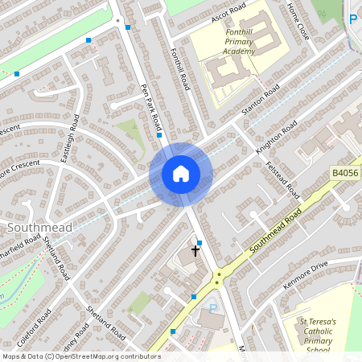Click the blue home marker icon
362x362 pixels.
pyautogui.click(x=180, y=174)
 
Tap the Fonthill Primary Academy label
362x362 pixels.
pyautogui.click(x=239, y=39)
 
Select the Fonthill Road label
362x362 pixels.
pyautogui.click(x=179, y=68)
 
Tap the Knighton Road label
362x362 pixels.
pyautogui.click(x=277, y=138)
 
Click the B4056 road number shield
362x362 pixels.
pyautogui.click(x=343, y=172)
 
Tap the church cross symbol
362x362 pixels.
pyautogui.click(x=195, y=250)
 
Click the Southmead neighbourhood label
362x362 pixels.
pyautogui.click(x=39, y=228)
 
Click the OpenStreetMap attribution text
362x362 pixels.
pyautogui.click(x=81, y=356)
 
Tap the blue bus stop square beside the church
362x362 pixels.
pyautogui.click(x=200, y=242)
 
